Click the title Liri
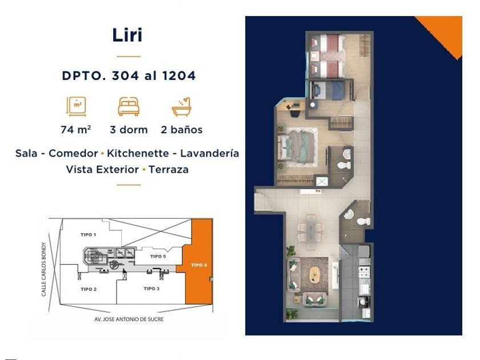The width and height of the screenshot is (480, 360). point(127,35)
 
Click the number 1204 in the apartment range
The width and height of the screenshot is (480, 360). point(179,75)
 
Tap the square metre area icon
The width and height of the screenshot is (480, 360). point(76,106)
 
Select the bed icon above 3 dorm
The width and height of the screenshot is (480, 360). point(129,106)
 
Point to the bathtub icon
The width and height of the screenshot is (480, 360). point(182,107)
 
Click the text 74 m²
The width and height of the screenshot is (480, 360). point(75,130)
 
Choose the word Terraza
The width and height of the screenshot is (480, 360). point(169,169)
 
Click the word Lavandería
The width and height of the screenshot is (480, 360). point(209,153)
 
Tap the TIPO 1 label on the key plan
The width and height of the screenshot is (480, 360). point(89,235)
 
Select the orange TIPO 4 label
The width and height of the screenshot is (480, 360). point(199,265)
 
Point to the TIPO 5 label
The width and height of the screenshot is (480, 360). point(158,256)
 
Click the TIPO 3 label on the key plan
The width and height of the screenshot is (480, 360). point(151,289)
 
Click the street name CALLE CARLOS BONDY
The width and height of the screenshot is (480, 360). point(44,269)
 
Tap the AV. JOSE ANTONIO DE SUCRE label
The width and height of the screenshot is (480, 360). point(129,319)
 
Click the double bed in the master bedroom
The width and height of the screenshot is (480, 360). point(298,147)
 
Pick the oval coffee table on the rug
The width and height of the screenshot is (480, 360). point(314,274)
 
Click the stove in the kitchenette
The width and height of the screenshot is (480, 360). point(364,271)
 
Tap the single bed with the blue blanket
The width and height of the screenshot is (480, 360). point(328,90)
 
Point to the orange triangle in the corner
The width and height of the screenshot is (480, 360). point(445,31)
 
